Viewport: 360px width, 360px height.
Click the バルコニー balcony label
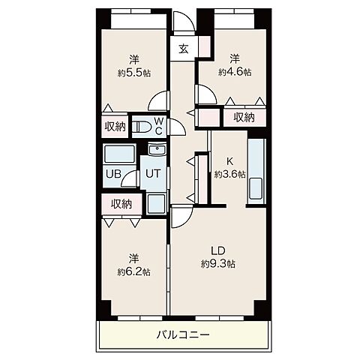[183, 334]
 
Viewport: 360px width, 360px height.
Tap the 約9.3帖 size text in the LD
[218, 264]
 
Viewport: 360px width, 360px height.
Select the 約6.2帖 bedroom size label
[133, 271]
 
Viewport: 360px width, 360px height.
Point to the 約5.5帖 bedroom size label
[134, 73]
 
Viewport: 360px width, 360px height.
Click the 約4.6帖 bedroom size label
[235, 72]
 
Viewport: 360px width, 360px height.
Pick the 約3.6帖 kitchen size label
[229, 174]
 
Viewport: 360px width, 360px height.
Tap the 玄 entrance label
[184, 49]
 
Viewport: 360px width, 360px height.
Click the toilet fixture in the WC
[141, 127]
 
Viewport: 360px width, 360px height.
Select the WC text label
[159, 126]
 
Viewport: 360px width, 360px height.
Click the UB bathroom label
[113, 174]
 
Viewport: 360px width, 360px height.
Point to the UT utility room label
[152, 173]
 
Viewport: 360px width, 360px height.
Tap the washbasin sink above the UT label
[157, 149]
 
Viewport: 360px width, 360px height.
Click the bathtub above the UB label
[119, 154]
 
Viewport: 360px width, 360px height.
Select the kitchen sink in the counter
[256, 188]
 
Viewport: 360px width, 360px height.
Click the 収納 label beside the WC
[115, 127]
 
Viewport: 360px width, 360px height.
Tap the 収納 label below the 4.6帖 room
[244, 117]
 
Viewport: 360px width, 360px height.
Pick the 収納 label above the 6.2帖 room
[121, 204]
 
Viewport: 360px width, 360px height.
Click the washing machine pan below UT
[156, 203]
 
